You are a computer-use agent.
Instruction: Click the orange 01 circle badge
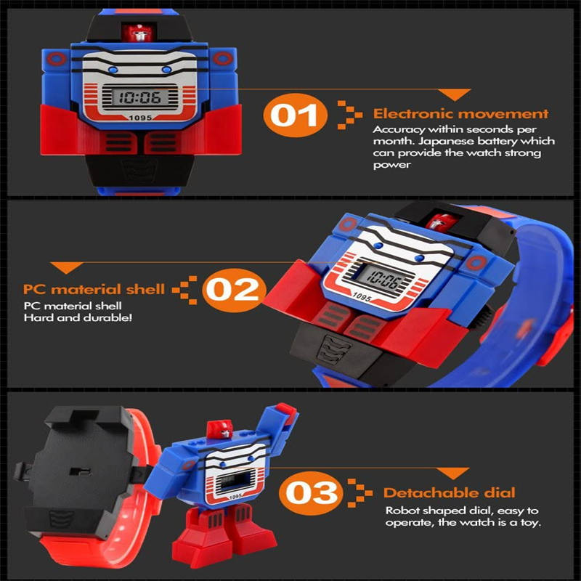click(296, 115)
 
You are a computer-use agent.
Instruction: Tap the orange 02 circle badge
click(235, 290)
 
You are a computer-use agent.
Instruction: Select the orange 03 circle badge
click(312, 493)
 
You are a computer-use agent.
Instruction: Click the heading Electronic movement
click(460, 114)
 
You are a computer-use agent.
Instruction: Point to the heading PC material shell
click(94, 289)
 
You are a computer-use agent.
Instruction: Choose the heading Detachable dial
click(449, 493)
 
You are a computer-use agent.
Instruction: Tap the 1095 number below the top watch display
click(140, 118)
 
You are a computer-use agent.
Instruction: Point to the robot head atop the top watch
click(137, 33)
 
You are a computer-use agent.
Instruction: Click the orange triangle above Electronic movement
click(455, 95)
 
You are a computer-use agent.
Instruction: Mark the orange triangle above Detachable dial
click(452, 474)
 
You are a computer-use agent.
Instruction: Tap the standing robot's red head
click(220, 430)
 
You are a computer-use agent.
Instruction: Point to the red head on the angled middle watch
click(442, 222)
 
